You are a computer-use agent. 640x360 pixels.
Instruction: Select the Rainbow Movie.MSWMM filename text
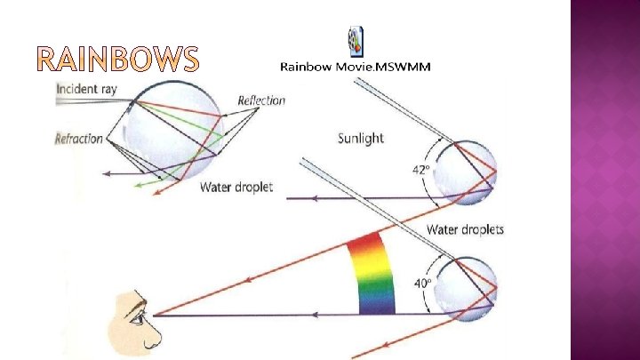(x=356, y=68)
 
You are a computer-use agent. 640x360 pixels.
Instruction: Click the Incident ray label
(x=86, y=90)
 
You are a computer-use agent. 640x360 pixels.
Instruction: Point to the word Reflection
(x=261, y=100)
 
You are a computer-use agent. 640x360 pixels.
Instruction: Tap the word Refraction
(x=79, y=139)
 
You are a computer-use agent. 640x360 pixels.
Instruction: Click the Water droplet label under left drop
(x=236, y=187)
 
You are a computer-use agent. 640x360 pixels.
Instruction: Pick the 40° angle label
(x=422, y=284)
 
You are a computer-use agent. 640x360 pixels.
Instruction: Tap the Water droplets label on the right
(x=465, y=229)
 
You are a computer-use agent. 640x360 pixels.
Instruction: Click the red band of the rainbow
(x=364, y=241)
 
